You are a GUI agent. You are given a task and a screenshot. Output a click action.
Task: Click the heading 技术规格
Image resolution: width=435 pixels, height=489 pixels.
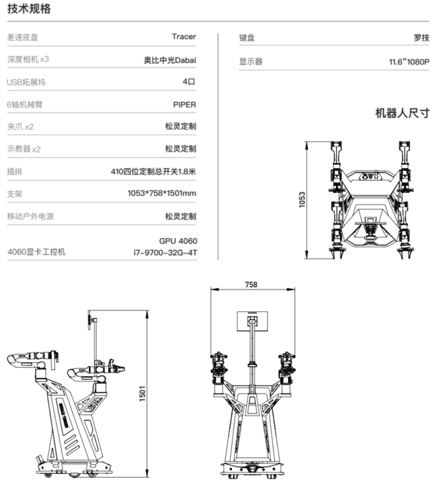29,9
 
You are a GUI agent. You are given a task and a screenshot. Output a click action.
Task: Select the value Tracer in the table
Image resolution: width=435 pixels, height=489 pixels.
184,36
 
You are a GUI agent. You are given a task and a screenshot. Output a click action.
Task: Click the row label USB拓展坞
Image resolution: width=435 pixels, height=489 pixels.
26,82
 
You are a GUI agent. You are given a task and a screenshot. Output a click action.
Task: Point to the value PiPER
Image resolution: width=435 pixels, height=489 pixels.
185,104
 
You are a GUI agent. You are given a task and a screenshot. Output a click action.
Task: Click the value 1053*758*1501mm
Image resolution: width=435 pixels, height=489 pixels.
162,193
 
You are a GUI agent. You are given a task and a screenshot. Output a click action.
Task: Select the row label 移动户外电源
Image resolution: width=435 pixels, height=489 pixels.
30,216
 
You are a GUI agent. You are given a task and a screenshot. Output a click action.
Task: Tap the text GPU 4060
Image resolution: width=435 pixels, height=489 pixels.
179,241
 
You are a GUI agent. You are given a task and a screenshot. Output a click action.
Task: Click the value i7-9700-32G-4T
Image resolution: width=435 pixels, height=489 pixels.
165,253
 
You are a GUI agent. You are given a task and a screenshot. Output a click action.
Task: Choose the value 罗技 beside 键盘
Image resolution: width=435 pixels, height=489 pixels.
422,38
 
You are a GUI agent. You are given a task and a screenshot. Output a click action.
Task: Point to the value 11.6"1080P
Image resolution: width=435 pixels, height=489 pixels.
409,62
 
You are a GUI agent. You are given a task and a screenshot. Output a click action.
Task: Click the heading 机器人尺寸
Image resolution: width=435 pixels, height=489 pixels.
402,113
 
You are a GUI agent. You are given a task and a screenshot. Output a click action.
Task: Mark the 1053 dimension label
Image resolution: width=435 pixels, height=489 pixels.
302,200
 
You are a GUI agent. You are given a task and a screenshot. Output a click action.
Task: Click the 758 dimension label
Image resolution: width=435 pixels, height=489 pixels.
250,285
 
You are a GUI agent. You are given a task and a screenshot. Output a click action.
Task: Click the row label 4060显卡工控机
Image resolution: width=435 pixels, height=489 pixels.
36,252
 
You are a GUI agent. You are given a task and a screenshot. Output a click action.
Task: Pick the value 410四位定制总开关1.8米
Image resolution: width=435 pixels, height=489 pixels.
153,171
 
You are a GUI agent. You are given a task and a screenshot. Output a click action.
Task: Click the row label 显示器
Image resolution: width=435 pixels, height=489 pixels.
251,62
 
